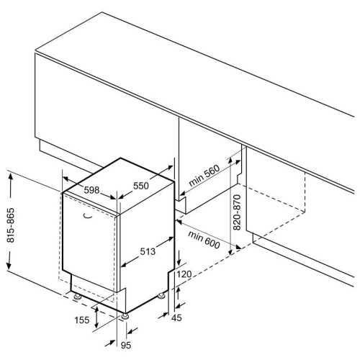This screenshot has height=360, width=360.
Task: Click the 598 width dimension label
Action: click(91, 190)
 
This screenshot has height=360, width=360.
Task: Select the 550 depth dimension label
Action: click(141, 186)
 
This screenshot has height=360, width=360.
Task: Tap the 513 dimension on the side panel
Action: click(148, 251)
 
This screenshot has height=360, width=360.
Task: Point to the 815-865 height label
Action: click(11, 225)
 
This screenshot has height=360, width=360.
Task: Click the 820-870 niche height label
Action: click(237, 212)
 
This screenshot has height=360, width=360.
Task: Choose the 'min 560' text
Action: click(204, 176)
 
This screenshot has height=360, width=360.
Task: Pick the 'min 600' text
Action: click(204, 239)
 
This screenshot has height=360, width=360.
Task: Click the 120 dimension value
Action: click(184, 274)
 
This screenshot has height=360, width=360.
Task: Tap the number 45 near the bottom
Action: click(176, 318)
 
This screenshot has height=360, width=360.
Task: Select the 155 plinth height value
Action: click(82, 320)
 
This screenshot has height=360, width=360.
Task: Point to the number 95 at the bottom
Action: click(126, 346)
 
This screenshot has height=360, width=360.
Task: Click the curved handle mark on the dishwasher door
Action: click(88, 216)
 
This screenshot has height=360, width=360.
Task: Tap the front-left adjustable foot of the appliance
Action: click(77, 297)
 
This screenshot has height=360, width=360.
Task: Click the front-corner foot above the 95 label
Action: click(125, 316)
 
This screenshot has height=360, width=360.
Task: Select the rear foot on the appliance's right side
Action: click(161, 295)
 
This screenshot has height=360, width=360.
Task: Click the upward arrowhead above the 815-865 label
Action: click(11, 177)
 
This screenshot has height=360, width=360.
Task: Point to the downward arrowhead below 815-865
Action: click(9, 266)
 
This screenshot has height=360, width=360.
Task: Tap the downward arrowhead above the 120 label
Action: click(179, 261)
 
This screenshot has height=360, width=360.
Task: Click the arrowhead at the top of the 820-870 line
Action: click(230, 161)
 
